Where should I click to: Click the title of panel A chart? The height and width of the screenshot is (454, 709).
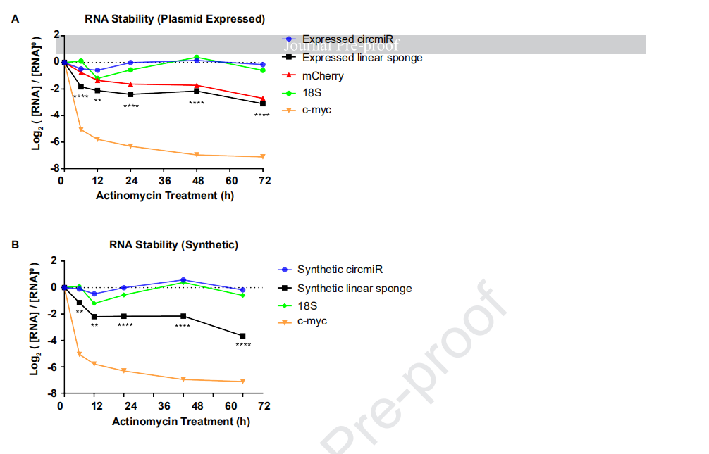coord(175,19)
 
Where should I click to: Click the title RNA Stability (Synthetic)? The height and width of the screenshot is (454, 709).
coord(173,245)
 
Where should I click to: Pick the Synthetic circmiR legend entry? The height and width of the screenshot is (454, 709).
coord(340,270)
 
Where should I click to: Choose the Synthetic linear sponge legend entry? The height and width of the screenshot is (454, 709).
coord(354,288)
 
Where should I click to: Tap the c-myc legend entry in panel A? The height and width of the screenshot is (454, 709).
coord(316,110)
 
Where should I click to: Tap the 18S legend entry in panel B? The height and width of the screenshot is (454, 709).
coord(307,305)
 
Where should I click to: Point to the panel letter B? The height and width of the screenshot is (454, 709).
coord(16,245)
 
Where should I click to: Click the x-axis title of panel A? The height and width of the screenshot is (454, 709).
coord(165,195)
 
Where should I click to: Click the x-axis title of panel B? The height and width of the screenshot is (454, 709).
coord(181,421)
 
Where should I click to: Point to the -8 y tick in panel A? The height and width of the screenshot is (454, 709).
coord(52,169)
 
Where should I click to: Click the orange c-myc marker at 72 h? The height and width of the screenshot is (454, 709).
coord(263,156)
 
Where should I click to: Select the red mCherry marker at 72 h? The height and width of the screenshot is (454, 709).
coord(263,99)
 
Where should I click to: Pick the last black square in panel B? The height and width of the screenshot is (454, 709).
coord(243,336)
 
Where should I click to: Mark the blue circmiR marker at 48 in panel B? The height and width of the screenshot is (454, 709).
coord(183,280)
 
